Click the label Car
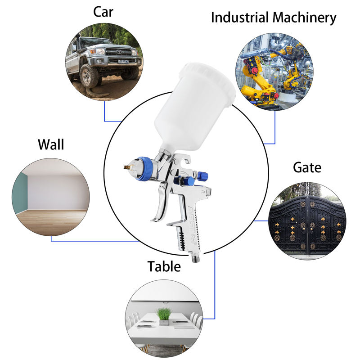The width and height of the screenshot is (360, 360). (103, 12)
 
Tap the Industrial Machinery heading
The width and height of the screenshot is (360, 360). (274, 18)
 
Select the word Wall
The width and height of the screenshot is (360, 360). (51, 144)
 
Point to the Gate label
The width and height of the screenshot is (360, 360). (307, 168)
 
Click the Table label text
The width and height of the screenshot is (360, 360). (164, 266)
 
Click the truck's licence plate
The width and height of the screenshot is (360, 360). (122, 61)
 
